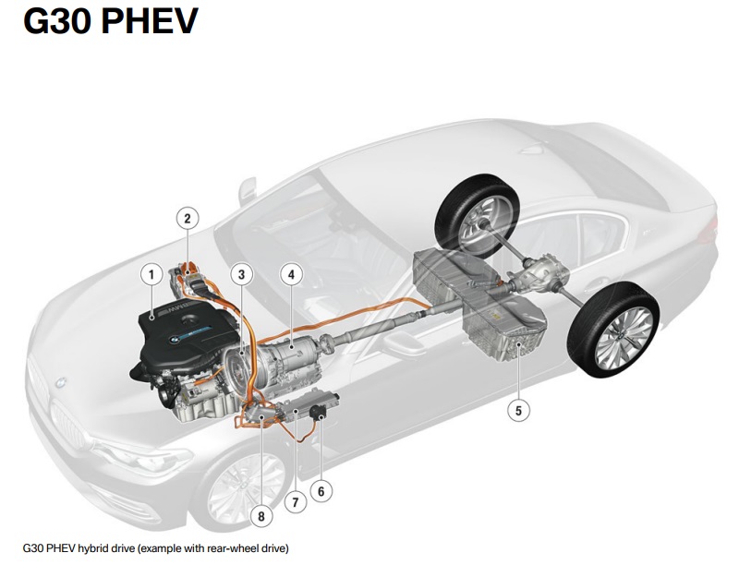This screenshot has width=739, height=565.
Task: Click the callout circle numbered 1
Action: point(151,273)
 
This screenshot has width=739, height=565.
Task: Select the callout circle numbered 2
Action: point(188,218)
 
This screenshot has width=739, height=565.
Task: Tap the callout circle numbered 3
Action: point(241,274)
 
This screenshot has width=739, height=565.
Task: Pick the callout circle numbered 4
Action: point(290,274)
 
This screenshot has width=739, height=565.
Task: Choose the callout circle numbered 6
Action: point(321,491)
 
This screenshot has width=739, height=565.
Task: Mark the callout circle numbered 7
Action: point(295,503)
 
